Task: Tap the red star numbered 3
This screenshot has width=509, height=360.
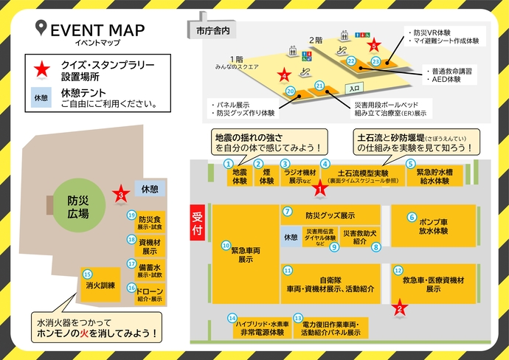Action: [120, 195]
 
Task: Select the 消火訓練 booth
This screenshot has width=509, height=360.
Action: [99, 285]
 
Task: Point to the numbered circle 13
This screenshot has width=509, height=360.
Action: [298, 318]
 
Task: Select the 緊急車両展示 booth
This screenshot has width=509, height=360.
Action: [246, 255]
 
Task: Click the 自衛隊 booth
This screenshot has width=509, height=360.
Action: [330, 283]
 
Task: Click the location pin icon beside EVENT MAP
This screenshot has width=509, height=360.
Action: [41, 30]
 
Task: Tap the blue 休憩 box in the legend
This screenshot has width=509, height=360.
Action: [40, 97]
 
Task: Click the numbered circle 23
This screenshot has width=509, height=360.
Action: [375, 62]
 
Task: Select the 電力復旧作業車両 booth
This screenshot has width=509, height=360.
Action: [336, 328]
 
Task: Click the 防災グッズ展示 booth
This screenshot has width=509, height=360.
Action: [330, 215]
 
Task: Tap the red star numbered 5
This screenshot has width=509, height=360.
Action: [374, 44]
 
